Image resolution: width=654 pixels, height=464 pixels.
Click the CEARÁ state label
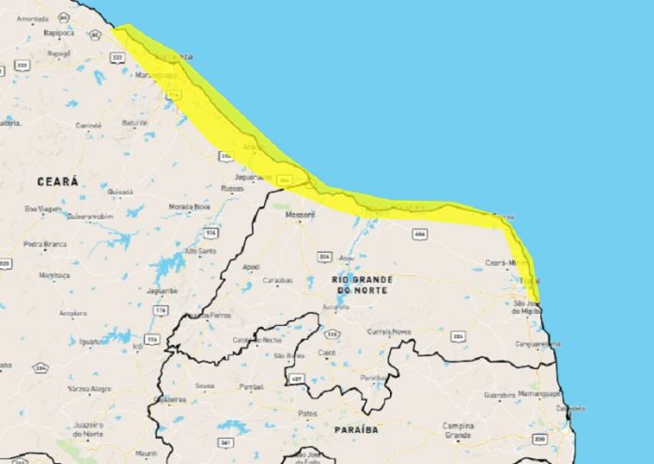click(57, 179)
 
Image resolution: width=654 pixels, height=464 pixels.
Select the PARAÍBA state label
click(356, 429)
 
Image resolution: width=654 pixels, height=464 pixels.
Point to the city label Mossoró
click(301, 215)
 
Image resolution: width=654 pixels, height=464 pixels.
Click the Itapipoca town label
click(58, 32)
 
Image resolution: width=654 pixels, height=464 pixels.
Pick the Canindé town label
click(88, 124)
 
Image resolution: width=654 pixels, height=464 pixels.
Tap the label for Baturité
click(135, 122)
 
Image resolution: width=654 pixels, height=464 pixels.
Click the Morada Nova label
click(189, 206)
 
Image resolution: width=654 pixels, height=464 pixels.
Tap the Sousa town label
click(204, 385)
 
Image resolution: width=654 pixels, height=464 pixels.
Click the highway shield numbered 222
click(117, 57)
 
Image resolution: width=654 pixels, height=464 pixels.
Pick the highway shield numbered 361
click(225, 442)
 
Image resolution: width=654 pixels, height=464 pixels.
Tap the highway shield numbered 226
click(458, 335)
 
